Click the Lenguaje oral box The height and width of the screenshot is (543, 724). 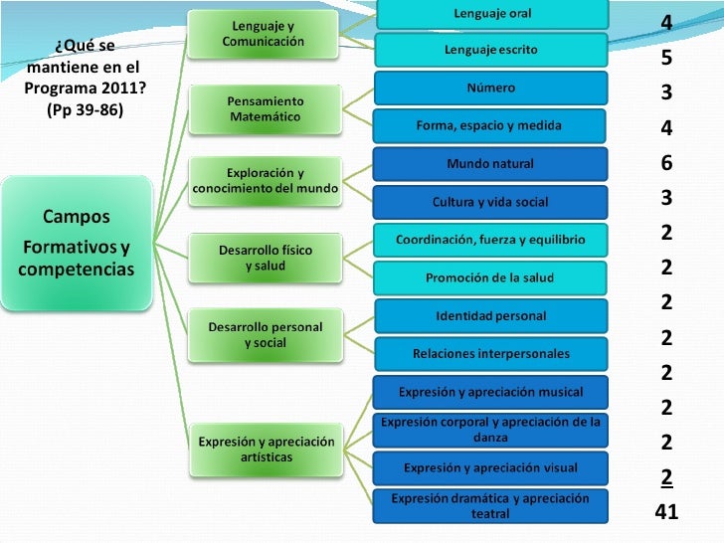pyautogui.click(x=492, y=14)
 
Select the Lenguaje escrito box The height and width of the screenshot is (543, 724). pyautogui.click(x=491, y=50)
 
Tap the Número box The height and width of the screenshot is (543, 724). pyautogui.click(x=490, y=88)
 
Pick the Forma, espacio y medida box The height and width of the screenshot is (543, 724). pyautogui.click(x=489, y=125)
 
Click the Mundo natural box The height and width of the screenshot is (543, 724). pyautogui.click(x=490, y=164)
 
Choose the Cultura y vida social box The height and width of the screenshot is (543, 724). pyautogui.click(x=490, y=202)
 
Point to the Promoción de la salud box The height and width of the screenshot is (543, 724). pyautogui.click(x=489, y=278)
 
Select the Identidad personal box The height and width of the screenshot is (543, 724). pyautogui.click(x=491, y=316)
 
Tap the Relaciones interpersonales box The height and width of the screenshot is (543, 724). pyautogui.click(x=491, y=354)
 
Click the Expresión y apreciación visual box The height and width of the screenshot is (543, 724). pyautogui.click(x=490, y=468)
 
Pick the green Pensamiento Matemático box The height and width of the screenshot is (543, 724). pyautogui.click(x=265, y=109)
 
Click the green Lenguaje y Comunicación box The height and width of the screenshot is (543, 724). pyautogui.click(x=263, y=34)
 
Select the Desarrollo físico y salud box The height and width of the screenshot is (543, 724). pyautogui.click(x=266, y=259)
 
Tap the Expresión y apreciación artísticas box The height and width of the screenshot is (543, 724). pyautogui.click(x=267, y=450)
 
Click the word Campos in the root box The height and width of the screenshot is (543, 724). pyautogui.click(x=77, y=217)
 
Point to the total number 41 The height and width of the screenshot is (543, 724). pyautogui.click(x=666, y=511)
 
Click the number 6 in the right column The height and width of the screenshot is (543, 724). pyautogui.click(x=666, y=162)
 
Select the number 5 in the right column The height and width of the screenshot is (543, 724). pyautogui.click(x=666, y=58)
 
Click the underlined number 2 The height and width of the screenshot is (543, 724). pyautogui.click(x=666, y=477)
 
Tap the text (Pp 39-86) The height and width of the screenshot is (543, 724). pyautogui.click(x=85, y=109)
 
